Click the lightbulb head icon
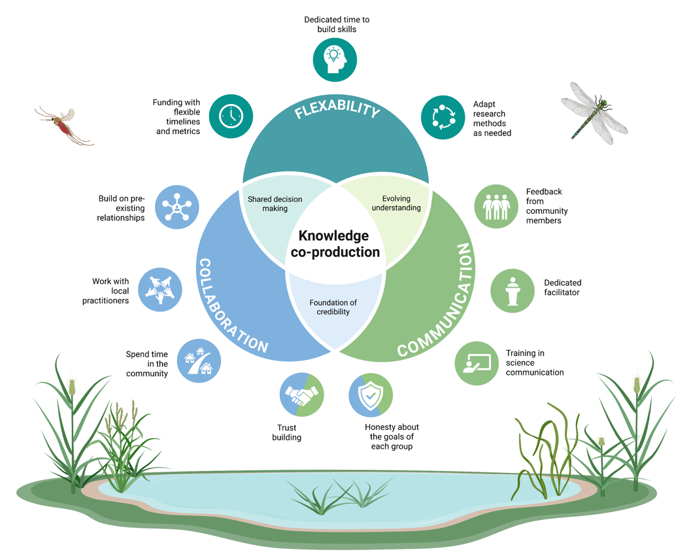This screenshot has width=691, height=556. tap(335, 60)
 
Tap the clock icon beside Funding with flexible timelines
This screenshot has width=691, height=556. tap(231, 116)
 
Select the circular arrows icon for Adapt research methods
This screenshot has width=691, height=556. tap(443, 117)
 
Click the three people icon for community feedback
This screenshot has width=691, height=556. tap(496, 206)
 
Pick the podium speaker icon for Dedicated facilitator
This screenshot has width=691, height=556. tap(513, 291)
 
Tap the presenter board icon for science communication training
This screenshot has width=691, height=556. tap(477, 363)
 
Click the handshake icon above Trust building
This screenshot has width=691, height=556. tap(302, 394)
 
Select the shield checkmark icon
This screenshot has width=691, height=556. tap(371, 395)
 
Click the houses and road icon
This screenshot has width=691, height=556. tap(199, 360)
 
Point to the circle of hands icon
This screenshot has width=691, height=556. tap(160, 290)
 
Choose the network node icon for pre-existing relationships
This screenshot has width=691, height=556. tap(177, 207)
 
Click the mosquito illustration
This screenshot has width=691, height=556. tap(64, 126)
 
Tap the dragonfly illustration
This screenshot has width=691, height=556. tap(594, 113)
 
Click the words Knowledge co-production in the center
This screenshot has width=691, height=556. tap(335, 244)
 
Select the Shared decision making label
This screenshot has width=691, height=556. tap(275, 203)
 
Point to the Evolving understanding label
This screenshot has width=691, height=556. tap(396, 203)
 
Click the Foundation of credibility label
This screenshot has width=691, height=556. tap(333, 307)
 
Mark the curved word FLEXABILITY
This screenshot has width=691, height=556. tap(337, 109)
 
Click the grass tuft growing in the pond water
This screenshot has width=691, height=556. tap(339, 496)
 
